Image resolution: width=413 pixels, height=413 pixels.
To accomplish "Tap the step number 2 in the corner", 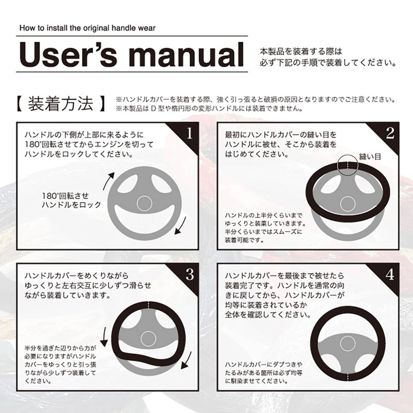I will click(390, 134).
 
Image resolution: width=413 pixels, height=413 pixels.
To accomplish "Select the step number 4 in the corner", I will click(390, 275).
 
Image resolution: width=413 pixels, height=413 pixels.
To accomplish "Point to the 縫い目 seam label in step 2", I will click(370, 157).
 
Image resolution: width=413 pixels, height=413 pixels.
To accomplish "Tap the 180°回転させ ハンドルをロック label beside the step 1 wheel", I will click(71, 200).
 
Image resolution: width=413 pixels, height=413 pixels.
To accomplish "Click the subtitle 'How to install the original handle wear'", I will click(87, 28).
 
